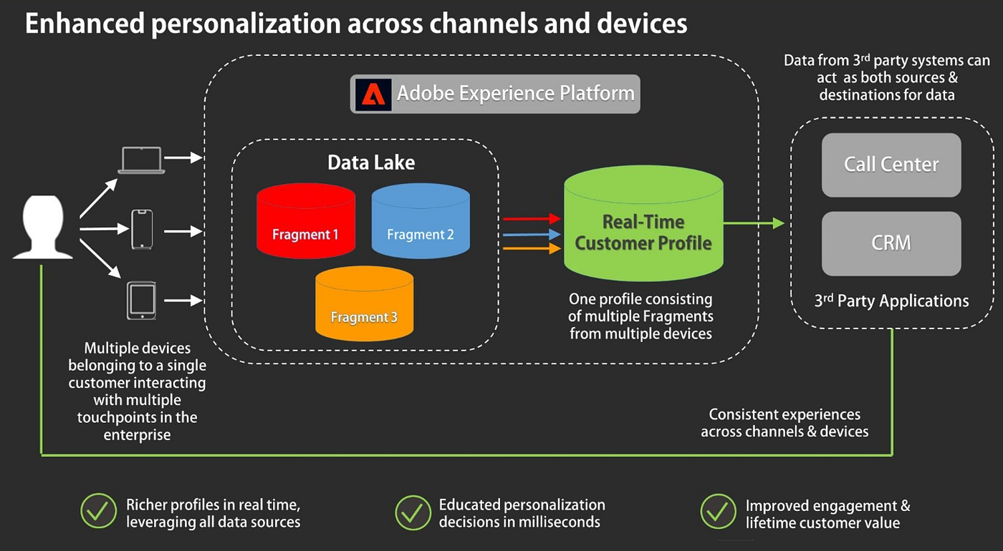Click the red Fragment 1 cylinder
(x=305, y=222)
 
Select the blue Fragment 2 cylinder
(x=421, y=222)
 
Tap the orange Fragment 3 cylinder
(x=364, y=303)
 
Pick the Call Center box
(x=891, y=165)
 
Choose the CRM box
(x=891, y=243)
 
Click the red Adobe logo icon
(x=373, y=94)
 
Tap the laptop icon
(x=141, y=160)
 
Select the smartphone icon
(x=142, y=229)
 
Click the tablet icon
(x=141, y=300)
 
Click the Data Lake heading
(x=371, y=162)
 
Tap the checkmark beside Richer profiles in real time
(x=98, y=512)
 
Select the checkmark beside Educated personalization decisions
(x=413, y=512)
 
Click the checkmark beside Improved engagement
(x=718, y=512)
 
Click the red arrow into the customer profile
(x=531, y=219)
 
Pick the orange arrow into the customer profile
(x=531, y=249)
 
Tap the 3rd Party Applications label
(x=891, y=301)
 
